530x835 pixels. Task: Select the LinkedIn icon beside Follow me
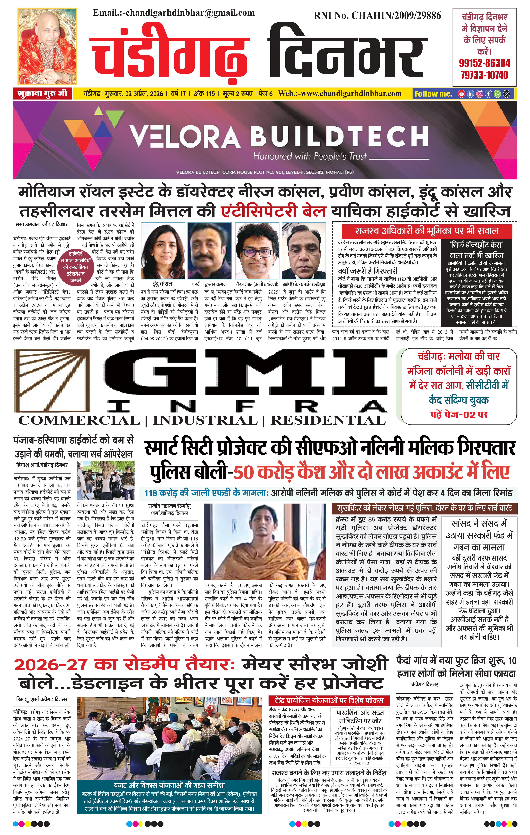[470, 94]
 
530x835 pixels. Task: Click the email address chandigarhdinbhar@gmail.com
[190, 13]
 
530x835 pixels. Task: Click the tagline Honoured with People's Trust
[310, 156]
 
